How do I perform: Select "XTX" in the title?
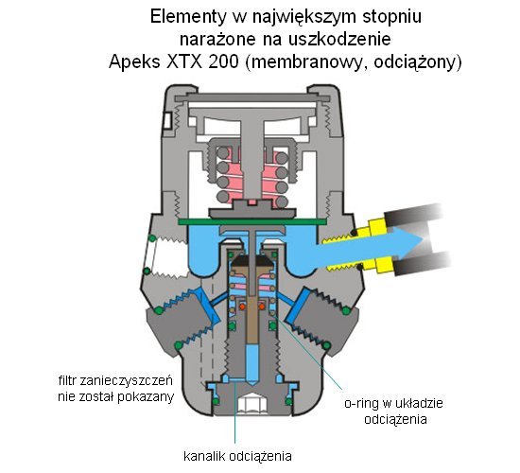click(x=184, y=61)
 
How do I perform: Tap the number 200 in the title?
click(x=223, y=61)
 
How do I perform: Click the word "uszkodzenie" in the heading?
click(x=340, y=39)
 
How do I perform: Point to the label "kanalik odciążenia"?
click(x=237, y=456)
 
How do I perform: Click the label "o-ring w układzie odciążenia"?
click(x=394, y=411)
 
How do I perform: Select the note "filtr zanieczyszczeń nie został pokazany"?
click(x=115, y=389)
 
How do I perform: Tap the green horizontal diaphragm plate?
click(x=252, y=221)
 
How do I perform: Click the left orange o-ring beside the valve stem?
click(x=242, y=307)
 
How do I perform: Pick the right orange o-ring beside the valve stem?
click(x=262, y=307)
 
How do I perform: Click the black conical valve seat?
click(x=252, y=261)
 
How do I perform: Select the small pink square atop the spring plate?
click(x=252, y=202)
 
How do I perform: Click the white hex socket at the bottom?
click(x=252, y=405)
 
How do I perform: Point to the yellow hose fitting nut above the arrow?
click(x=377, y=225)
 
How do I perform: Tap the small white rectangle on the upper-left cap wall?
click(x=166, y=120)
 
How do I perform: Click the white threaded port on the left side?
click(x=168, y=255)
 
